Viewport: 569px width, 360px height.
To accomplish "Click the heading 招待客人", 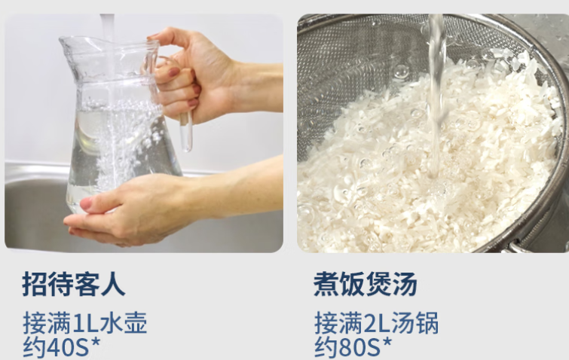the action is click(x=74, y=284).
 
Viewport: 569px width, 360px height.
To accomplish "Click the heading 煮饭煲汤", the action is click(x=366, y=284).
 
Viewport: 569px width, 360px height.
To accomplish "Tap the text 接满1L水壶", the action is click(x=85, y=322).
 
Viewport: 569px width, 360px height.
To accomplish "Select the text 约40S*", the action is click(x=61, y=347).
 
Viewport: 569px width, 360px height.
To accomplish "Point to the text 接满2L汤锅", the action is click(x=376, y=322).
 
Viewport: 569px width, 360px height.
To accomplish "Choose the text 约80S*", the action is click(x=353, y=347).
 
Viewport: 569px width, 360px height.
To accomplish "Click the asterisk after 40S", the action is click(x=95, y=343).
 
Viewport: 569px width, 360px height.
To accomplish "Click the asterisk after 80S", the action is click(x=387, y=343).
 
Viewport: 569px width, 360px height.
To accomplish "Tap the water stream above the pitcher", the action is click(x=107, y=26).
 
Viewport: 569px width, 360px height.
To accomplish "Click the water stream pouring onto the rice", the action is click(x=436, y=94).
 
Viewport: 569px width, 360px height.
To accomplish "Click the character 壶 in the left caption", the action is click(x=136, y=322).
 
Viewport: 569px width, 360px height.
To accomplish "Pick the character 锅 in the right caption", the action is click(x=427, y=322).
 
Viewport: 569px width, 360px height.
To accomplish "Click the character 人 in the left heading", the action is click(x=113, y=284).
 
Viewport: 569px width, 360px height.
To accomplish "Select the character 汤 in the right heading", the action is click(x=405, y=284).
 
